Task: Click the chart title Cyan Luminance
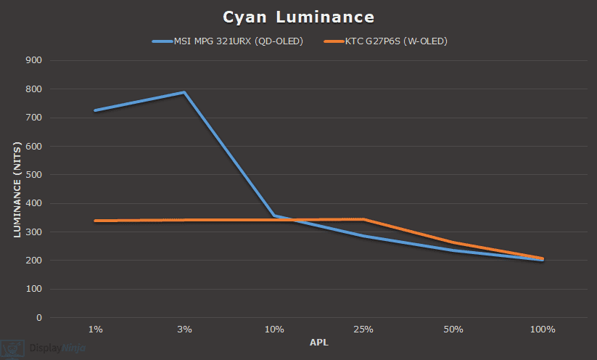click(x=298, y=17)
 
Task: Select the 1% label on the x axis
click(x=95, y=330)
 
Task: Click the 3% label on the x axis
click(x=184, y=330)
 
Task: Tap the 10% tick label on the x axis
click(x=274, y=330)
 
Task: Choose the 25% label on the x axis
click(x=363, y=330)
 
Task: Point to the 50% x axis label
click(x=453, y=330)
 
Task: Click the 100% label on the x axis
click(x=543, y=330)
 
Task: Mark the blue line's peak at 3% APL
click(x=184, y=93)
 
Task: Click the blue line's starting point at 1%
click(x=95, y=110)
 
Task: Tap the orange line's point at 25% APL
click(x=363, y=219)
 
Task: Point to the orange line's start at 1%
click(x=95, y=221)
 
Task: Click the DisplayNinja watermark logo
click(x=44, y=348)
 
